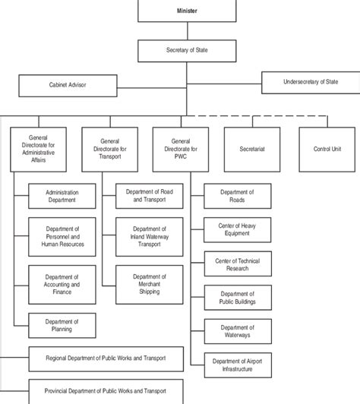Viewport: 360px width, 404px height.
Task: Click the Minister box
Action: [187, 11]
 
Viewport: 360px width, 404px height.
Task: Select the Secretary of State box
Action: [187, 51]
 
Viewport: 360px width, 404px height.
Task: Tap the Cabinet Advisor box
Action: [68, 86]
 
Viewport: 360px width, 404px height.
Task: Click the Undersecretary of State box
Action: [311, 83]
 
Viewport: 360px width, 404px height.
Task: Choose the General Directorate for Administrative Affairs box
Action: [39, 150]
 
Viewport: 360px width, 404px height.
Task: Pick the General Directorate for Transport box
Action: [110, 150]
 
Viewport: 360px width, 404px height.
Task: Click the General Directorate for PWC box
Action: [181, 150]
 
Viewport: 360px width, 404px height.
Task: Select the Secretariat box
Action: [252, 150]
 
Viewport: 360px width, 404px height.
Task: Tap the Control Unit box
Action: [327, 150]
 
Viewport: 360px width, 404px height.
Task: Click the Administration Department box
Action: [62, 196]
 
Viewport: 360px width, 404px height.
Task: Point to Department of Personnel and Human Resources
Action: [62, 237]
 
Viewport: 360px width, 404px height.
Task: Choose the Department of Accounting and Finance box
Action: [62, 285]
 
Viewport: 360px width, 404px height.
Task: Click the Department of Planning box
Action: [62, 326]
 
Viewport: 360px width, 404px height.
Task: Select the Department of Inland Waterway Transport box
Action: [150, 237]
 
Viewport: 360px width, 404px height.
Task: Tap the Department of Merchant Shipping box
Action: [150, 285]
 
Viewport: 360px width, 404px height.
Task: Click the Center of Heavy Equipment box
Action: [237, 230]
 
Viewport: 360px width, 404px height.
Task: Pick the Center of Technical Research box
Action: [238, 264]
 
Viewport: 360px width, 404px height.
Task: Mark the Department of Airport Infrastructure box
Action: [238, 365]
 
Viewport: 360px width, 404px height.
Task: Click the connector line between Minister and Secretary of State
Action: [188, 31]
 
